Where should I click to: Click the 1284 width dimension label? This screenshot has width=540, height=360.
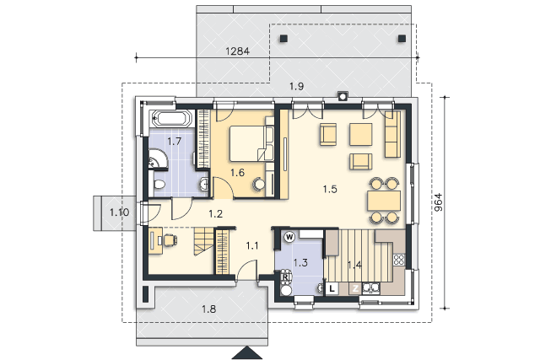pos(237,51)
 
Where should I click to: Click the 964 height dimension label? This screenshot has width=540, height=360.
pos(438,202)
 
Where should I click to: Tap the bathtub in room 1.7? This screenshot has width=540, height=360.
pos(171,119)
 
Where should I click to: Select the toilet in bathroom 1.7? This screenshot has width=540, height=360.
pos(159,184)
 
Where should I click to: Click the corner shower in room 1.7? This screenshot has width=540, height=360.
pos(158,159)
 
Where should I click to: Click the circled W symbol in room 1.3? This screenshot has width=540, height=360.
pos(289,237)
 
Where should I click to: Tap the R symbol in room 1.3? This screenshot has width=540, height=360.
pos(285,276)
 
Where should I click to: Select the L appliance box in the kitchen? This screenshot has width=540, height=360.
pos(332,288)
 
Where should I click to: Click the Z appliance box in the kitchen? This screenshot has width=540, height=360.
pos(355,288)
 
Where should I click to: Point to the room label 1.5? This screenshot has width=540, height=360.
pos(330,189)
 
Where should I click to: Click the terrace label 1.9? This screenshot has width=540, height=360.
pos(296,86)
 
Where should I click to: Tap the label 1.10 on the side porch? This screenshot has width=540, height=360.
pos(120,212)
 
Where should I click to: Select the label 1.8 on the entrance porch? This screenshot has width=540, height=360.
pos(209,309)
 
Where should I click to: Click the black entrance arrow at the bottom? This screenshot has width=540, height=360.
pos(247,352)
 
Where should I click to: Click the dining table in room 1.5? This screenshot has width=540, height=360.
pos(384,201)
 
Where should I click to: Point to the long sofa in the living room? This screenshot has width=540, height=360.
pos(392,134)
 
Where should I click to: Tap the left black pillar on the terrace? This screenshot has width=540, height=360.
pos(283,39)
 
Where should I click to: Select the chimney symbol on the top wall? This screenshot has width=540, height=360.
pos(343,96)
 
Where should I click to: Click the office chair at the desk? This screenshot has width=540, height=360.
pos(170,240)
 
